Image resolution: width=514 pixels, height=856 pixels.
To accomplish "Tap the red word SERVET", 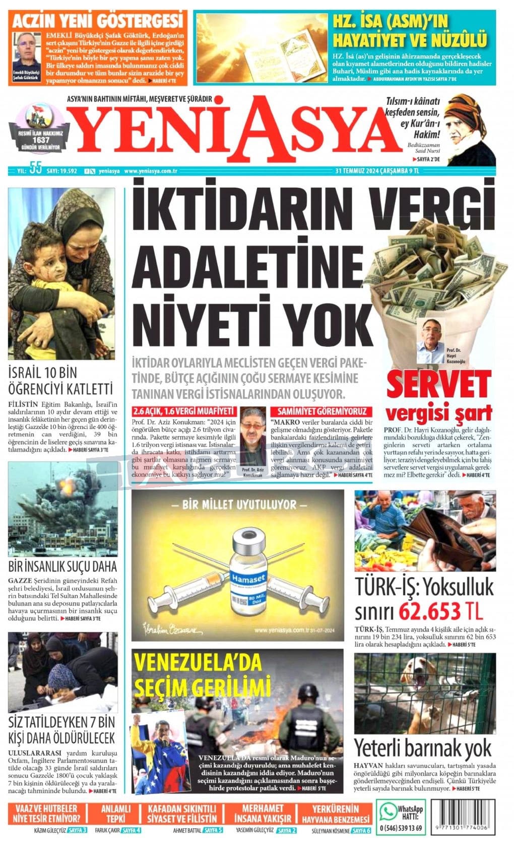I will [x=438, y=384].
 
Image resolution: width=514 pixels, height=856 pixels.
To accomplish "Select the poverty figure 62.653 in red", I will [x=429, y=611].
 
